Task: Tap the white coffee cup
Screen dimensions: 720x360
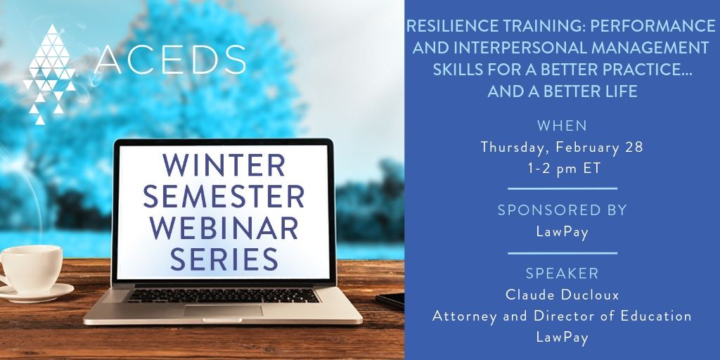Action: click(30, 269)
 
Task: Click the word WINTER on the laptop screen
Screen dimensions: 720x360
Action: click(224, 165)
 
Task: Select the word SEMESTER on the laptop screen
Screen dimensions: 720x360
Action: click(224, 196)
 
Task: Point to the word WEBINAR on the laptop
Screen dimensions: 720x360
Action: click(224, 227)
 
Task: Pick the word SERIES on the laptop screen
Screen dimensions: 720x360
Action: click(224, 259)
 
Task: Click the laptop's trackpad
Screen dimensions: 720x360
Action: click(223, 310)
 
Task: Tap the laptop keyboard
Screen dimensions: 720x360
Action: click(223, 295)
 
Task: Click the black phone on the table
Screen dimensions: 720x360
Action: click(391, 300)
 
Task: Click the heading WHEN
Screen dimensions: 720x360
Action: click(562, 125)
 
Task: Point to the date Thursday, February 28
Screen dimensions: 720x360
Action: click(562, 148)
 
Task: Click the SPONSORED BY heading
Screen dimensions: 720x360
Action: click(562, 210)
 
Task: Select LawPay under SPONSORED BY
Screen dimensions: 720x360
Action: click(562, 232)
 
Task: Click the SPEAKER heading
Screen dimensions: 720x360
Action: click(562, 274)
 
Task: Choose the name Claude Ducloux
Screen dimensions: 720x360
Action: click(562, 295)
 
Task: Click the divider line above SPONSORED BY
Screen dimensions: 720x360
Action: click(562, 188)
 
